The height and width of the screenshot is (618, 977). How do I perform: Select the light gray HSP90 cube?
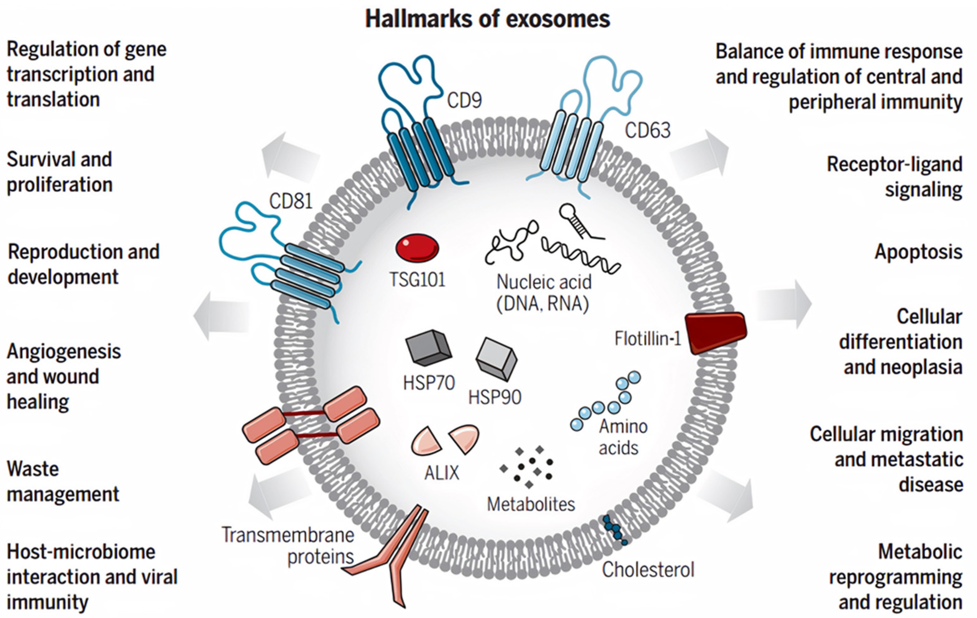coord(496,359)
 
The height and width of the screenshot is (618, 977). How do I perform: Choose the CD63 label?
coord(647,131)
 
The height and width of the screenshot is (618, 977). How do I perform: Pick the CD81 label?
coord(291,201)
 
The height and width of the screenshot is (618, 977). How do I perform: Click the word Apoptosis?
coord(918,252)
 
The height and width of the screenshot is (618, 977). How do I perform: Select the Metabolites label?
coord(531,504)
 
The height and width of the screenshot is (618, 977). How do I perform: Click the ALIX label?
coord(441,473)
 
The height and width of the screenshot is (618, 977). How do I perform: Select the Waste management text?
coord(63,481)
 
